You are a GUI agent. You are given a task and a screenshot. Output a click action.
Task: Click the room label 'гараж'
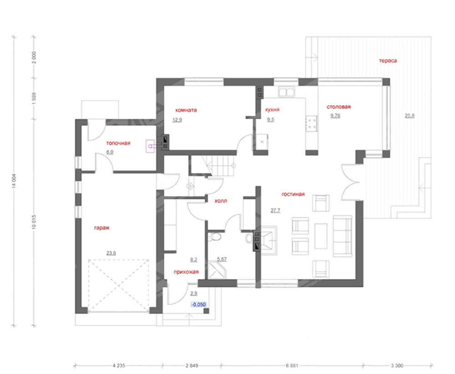tap(101, 228)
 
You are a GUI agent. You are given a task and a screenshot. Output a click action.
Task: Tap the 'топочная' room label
tap(118, 143)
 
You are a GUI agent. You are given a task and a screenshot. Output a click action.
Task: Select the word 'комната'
tap(186, 110)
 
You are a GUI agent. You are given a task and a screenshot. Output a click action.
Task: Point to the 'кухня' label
tap(272, 110)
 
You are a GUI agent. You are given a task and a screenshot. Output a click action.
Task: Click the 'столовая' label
tap(339, 107)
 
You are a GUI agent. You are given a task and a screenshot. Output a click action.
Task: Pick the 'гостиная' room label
tap(293, 194)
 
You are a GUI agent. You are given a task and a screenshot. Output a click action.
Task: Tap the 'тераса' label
tap(388, 61)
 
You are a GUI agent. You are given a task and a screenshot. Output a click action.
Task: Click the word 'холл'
tap(221, 201)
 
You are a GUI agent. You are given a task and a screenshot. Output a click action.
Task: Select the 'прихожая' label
tap(186, 272)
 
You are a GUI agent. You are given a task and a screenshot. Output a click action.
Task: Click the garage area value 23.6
tap(111, 253)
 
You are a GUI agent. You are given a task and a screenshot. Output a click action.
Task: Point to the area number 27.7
tap(275, 210)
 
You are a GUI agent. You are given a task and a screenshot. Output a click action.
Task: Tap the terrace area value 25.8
tap(409, 116)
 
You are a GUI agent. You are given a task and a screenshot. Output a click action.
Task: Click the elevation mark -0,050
tap(199, 304)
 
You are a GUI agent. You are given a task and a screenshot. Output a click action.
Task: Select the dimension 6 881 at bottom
tap(292, 366)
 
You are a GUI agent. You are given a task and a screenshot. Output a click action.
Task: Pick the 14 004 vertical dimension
tap(14, 181)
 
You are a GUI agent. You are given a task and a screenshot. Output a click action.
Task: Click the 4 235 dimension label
tap(119, 366)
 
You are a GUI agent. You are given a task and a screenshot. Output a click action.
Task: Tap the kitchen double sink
tap(286, 92)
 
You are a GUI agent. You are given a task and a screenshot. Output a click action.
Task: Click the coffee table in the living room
tap(321, 236)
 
